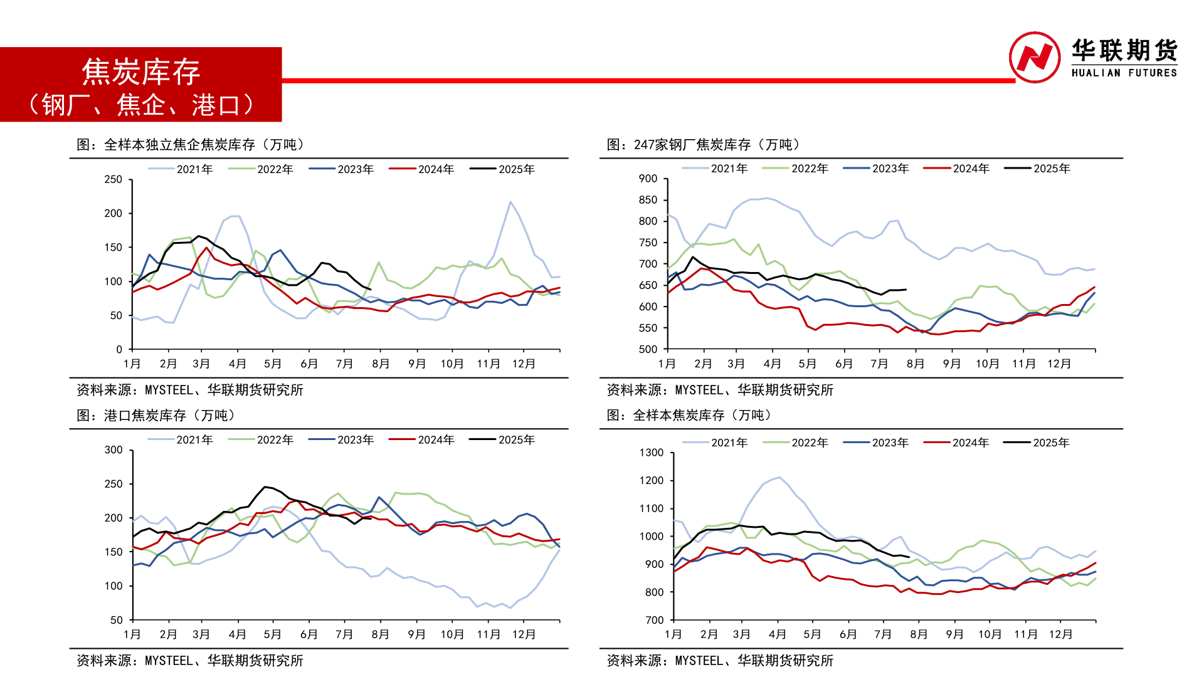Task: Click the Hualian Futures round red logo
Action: click(x=1035, y=57)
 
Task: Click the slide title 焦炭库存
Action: click(x=141, y=71)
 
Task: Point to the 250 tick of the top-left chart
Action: click(x=114, y=179)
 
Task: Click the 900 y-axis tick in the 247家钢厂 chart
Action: click(x=648, y=179)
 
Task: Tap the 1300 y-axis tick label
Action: click(x=651, y=453)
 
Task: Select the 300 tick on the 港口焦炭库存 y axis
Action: click(x=114, y=450)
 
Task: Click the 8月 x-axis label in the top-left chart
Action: click(x=381, y=364)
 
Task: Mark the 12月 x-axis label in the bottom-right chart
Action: click(x=1060, y=634)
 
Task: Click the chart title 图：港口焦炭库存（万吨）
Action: click(x=157, y=416)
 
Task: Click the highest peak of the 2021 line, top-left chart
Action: click(x=510, y=202)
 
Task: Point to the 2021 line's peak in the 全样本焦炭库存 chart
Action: click(x=779, y=478)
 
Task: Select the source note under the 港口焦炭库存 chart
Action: click(x=189, y=661)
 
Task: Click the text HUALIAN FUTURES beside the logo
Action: click(x=1124, y=73)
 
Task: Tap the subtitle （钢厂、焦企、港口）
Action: click(x=141, y=105)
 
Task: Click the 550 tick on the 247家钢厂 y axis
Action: click(x=648, y=328)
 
